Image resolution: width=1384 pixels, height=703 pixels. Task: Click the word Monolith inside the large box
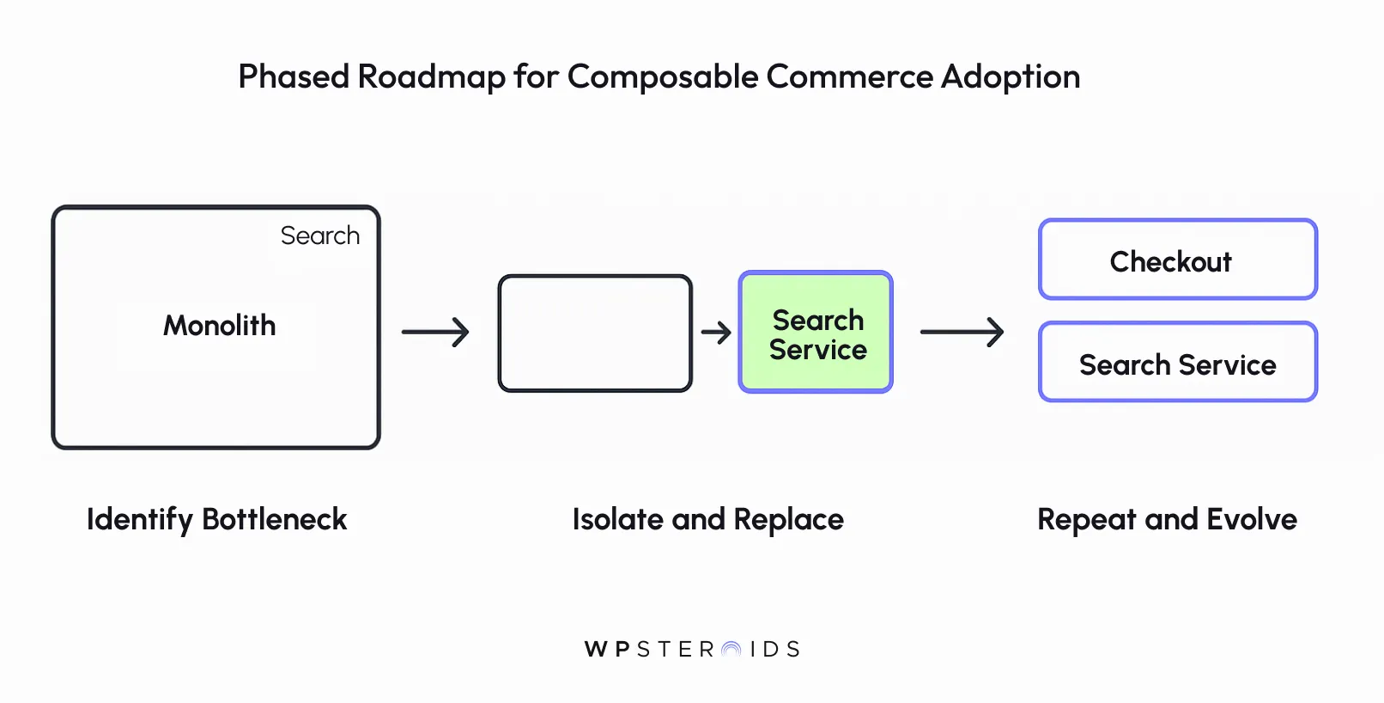click(220, 326)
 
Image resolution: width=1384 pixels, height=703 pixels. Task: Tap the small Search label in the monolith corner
click(320, 235)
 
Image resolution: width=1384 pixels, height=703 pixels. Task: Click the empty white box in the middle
click(595, 333)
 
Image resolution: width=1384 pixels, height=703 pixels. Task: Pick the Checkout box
click(1177, 260)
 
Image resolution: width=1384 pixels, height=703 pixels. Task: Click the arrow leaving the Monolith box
click(435, 332)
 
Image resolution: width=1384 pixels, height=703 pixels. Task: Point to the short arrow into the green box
click(716, 332)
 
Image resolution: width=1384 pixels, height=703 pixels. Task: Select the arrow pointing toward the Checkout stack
click(962, 332)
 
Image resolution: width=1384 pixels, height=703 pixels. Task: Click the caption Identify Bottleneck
click(216, 520)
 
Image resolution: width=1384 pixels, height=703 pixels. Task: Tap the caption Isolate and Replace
click(707, 520)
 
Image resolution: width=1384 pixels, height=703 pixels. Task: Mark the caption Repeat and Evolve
click(1167, 520)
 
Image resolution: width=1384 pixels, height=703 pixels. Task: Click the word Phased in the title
click(293, 77)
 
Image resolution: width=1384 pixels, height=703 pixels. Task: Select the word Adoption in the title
click(1011, 77)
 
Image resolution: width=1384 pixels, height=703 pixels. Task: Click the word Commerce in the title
click(849, 77)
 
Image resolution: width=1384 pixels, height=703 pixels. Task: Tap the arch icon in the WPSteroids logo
click(731, 650)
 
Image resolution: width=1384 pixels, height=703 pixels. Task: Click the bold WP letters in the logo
click(607, 650)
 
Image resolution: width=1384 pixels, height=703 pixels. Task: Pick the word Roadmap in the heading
click(431, 77)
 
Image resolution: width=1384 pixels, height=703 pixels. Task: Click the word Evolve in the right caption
click(1251, 520)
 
